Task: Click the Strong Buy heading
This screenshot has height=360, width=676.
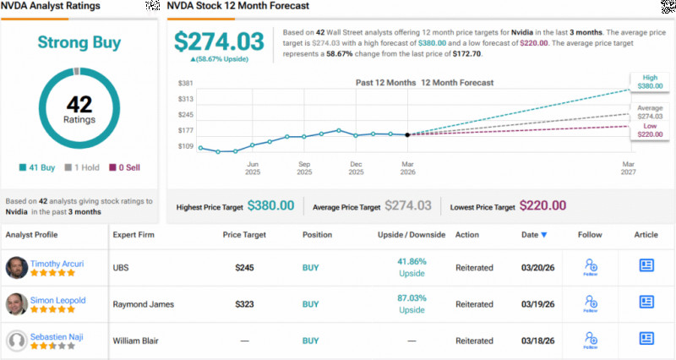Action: [x=79, y=42]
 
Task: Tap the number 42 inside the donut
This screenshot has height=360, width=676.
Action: [x=79, y=106]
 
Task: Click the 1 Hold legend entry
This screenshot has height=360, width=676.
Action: [x=83, y=167]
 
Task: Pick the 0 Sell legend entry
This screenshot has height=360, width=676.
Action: [x=126, y=167]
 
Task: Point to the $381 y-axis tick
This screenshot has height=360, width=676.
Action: [x=186, y=83]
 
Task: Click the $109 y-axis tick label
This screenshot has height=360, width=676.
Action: [x=186, y=147]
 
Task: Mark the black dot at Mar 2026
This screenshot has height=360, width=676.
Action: [x=407, y=134]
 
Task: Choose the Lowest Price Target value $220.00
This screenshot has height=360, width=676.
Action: [x=543, y=205]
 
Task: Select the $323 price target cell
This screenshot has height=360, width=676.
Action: [x=245, y=304]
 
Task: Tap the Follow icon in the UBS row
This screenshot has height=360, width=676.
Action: [x=591, y=267]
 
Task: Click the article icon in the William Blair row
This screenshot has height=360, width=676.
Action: [x=646, y=341]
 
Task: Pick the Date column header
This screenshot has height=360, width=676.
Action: [x=533, y=234]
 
